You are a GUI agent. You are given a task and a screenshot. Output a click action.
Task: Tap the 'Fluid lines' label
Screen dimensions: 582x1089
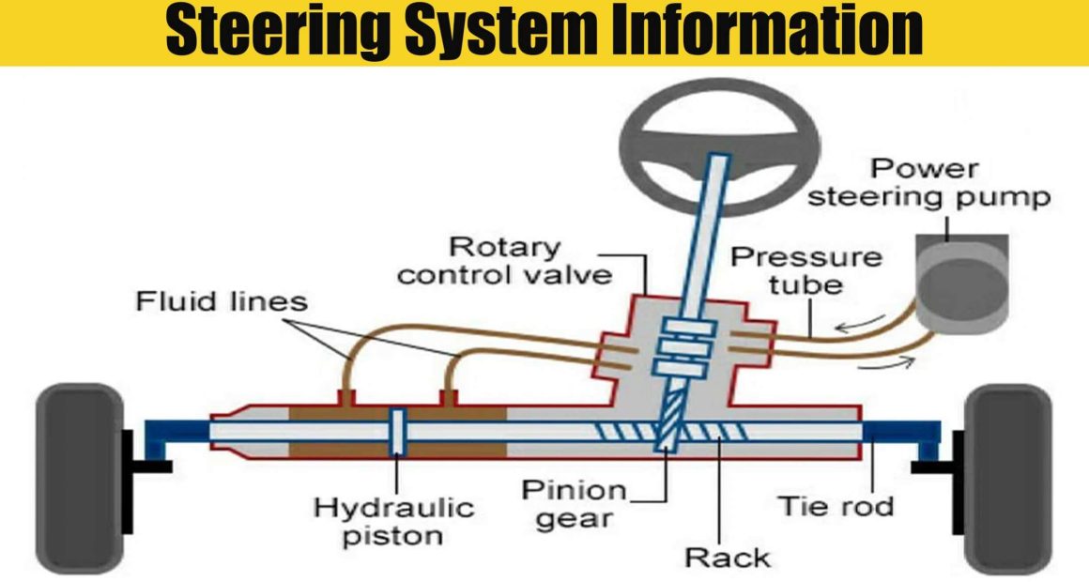pyautogui.click(x=222, y=302)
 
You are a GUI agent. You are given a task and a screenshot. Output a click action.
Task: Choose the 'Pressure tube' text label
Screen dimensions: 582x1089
pyautogui.click(x=806, y=269)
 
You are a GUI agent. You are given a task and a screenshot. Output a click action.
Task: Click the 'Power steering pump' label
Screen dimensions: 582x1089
pyautogui.click(x=929, y=184)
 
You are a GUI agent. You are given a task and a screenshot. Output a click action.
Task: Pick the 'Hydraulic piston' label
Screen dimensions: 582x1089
pyautogui.click(x=394, y=522)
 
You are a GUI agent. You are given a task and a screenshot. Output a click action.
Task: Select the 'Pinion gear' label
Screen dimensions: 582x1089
pyautogui.click(x=574, y=504)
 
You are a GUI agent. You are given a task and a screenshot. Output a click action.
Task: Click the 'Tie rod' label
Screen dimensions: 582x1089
pyautogui.click(x=836, y=507)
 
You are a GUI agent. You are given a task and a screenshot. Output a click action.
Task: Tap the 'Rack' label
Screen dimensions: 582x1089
pyautogui.click(x=727, y=557)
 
